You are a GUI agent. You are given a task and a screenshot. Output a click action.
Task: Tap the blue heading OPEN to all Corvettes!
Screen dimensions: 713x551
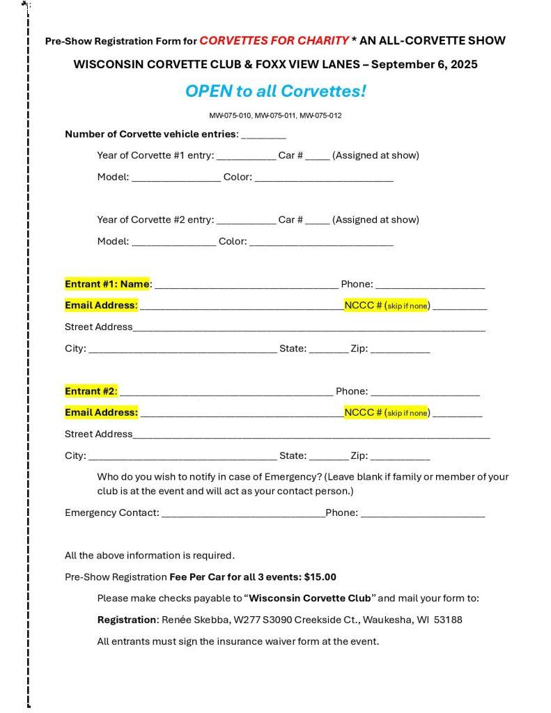pyautogui.click(x=275, y=91)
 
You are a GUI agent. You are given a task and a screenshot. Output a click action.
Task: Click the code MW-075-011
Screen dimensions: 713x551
pyautogui.click(x=276, y=116)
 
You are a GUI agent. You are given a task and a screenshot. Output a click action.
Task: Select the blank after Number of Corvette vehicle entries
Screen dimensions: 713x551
pyautogui.click(x=263, y=135)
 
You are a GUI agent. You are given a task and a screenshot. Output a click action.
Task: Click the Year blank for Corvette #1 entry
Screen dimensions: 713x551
pyautogui.click(x=246, y=157)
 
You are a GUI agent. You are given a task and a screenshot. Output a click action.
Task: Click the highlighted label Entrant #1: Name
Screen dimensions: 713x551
pyautogui.click(x=107, y=284)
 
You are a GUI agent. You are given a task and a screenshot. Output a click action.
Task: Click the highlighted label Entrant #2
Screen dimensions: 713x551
pyautogui.click(x=91, y=391)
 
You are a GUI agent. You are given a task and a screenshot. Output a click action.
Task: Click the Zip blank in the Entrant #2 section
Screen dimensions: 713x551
pyautogui.click(x=400, y=457)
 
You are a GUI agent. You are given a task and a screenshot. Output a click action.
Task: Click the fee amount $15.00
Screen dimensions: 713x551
pyautogui.click(x=320, y=577)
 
